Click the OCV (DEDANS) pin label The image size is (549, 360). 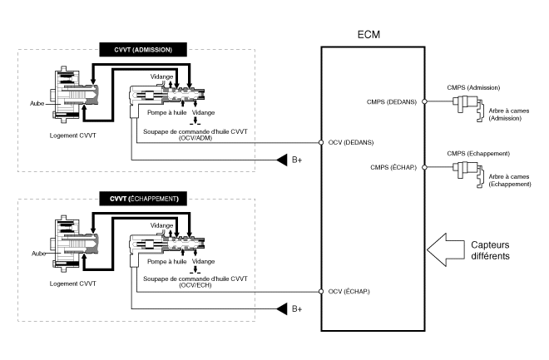[x=350, y=142]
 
